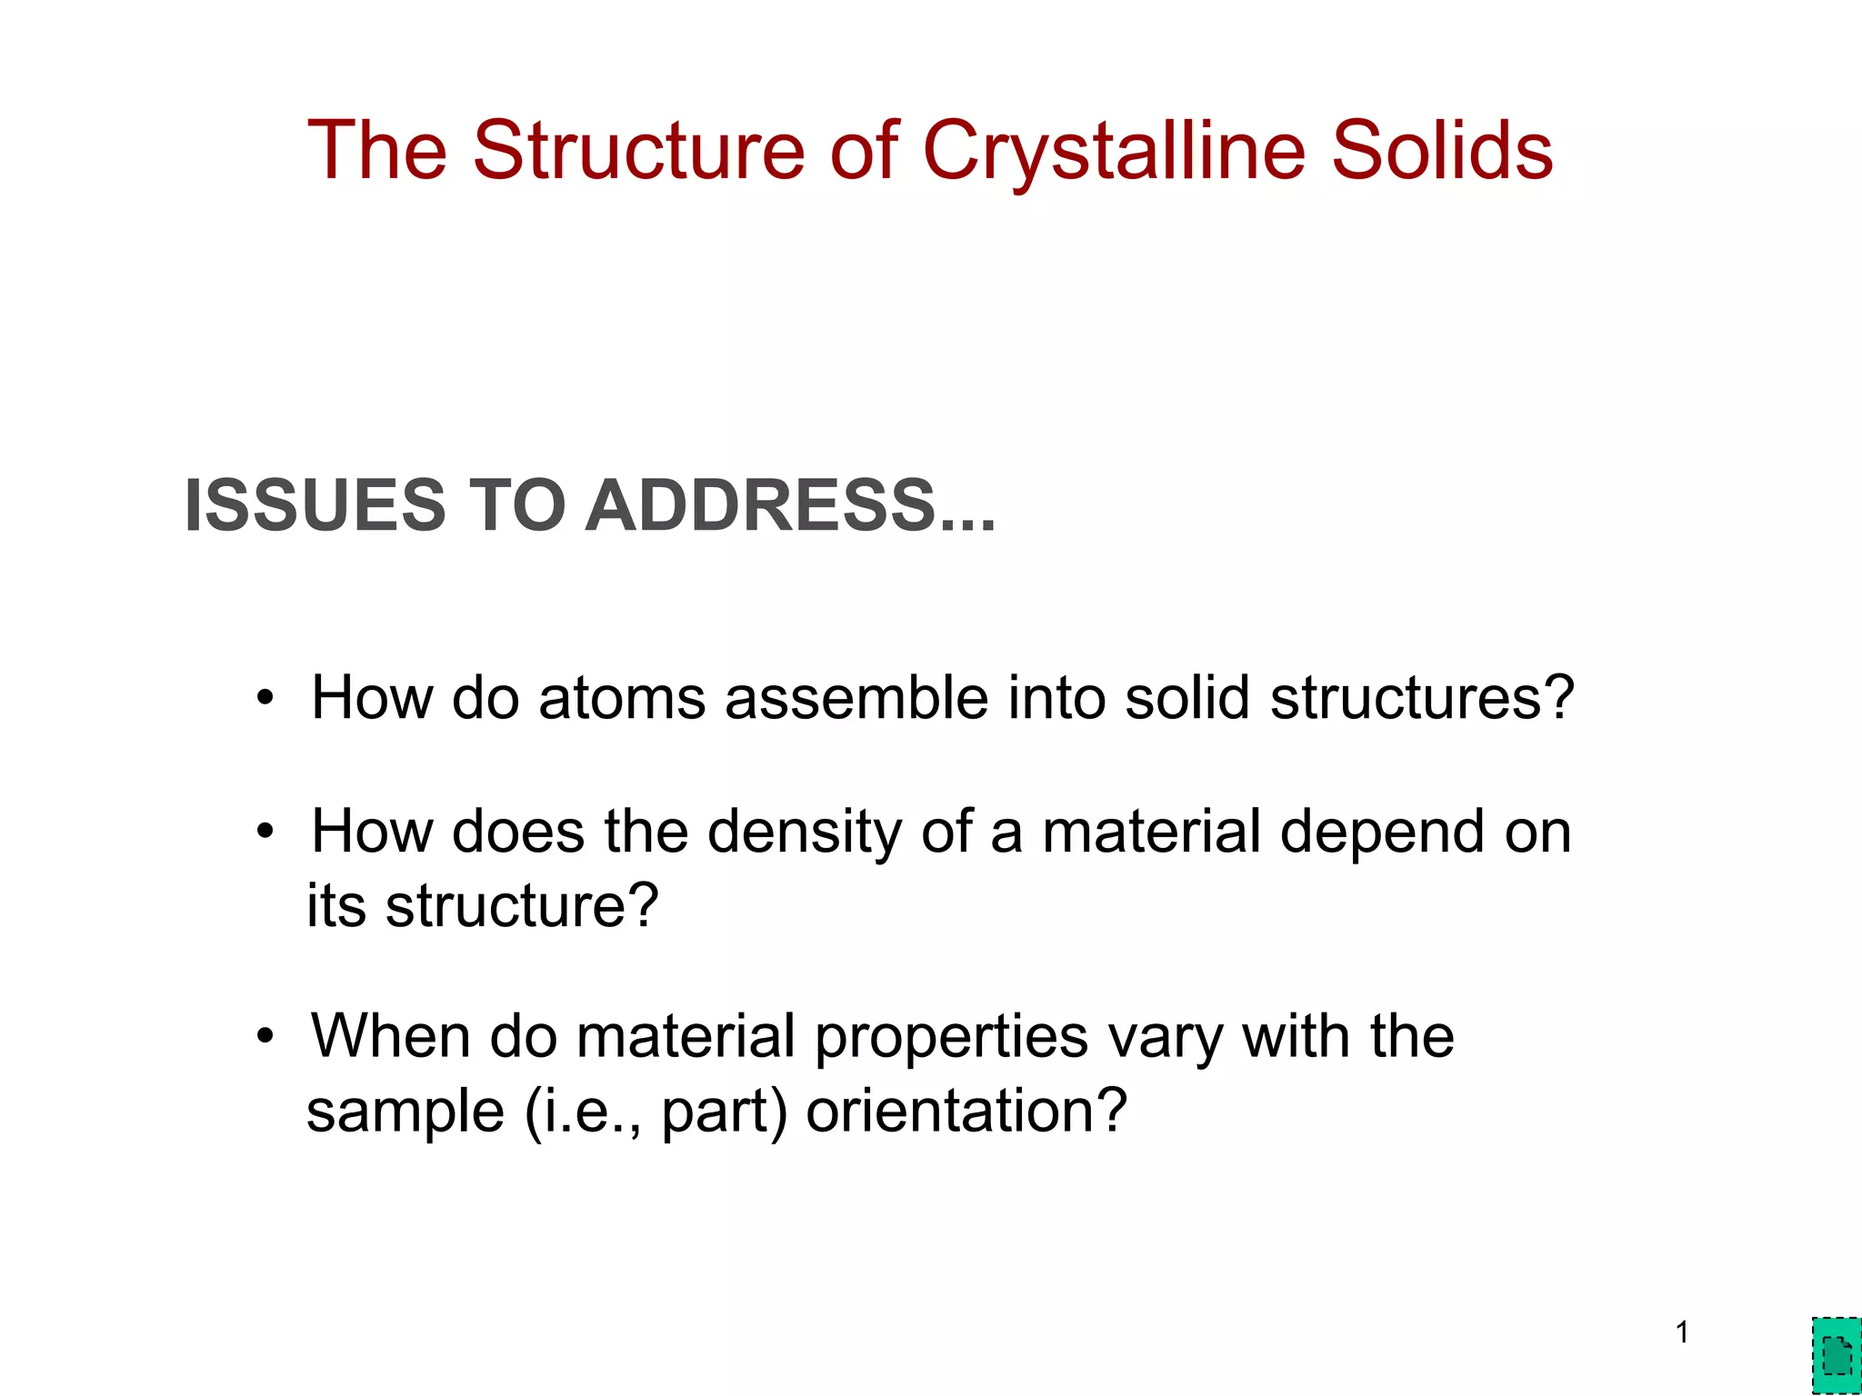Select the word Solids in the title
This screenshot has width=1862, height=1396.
1443,151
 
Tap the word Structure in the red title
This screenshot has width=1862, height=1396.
638,151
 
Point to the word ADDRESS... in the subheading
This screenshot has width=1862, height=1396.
791,505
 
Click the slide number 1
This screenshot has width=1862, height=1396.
1682,1332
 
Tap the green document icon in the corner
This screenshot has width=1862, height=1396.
1837,1357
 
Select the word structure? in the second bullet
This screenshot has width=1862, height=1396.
522,907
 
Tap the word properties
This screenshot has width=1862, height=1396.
951,1038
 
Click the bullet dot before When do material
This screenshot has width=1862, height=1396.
265,1036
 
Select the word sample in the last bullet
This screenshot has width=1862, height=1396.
405,1112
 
